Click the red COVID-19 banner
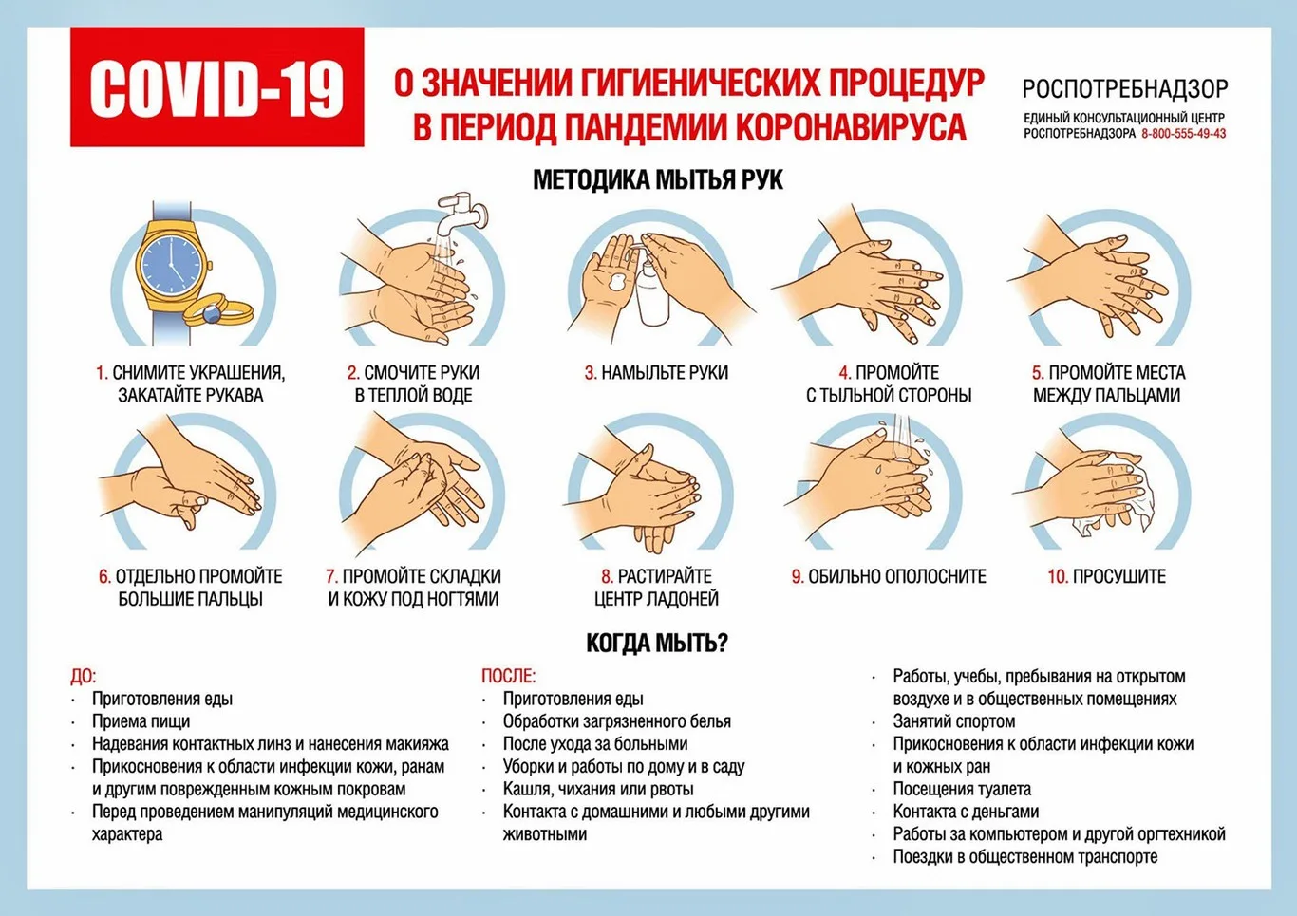point(216,87)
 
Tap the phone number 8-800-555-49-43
point(1183,134)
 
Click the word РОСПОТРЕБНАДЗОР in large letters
point(1124,89)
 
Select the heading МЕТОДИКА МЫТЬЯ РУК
point(657,179)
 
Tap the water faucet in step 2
point(462,211)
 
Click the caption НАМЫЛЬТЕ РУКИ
point(665,373)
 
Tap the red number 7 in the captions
point(331,576)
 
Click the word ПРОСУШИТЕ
point(1118,576)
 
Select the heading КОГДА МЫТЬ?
point(657,643)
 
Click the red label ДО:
point(83,676)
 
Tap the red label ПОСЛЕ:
point(508,676)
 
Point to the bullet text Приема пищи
point(141,721)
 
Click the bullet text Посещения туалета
point(961,789)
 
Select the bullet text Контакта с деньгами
point(965,812)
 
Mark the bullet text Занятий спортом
point(953,721)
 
